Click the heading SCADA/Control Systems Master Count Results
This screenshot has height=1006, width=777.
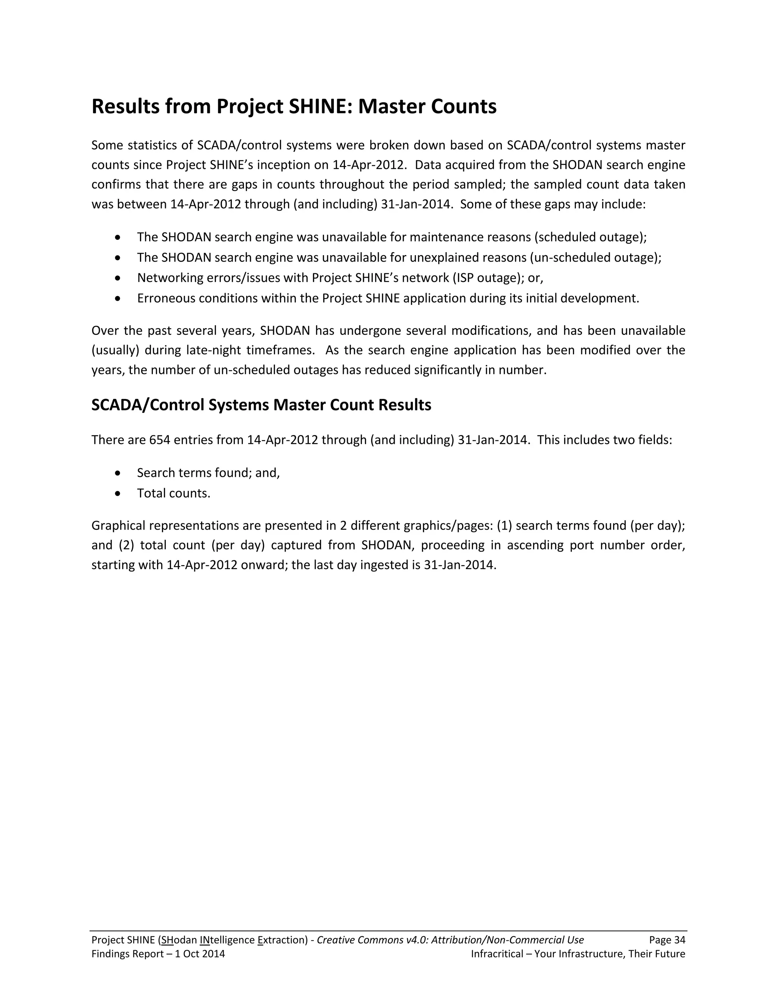261,405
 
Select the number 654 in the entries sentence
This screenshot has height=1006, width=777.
160,440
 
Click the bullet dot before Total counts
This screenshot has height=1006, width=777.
118,494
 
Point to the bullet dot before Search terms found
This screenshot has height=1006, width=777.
118,473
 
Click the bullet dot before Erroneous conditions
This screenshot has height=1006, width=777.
118,298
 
